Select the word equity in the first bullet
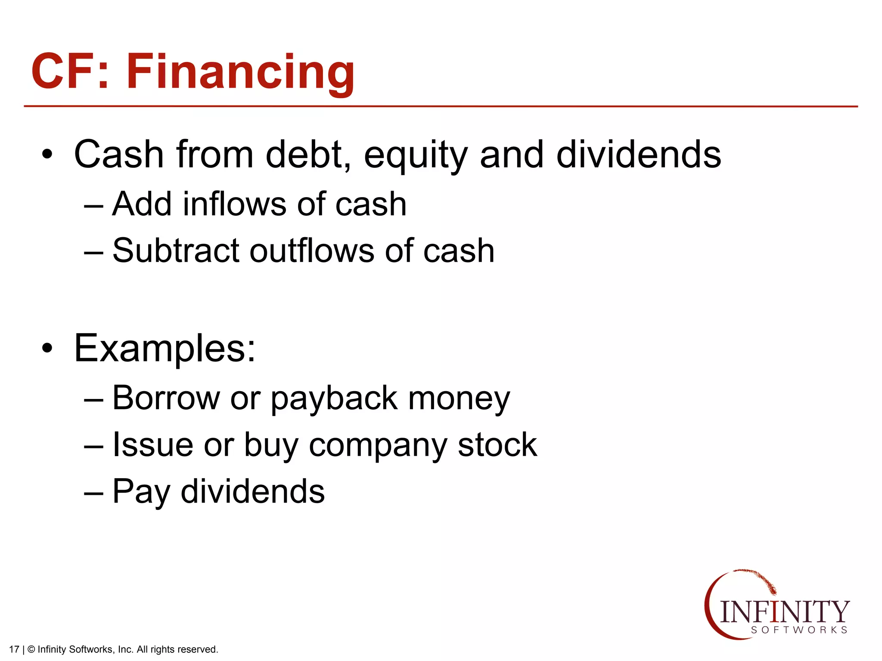416,156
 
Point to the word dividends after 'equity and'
639,154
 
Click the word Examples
165,349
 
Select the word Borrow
166,398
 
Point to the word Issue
153,445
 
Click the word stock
497,445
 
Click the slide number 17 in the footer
14,649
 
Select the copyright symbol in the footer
31,649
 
